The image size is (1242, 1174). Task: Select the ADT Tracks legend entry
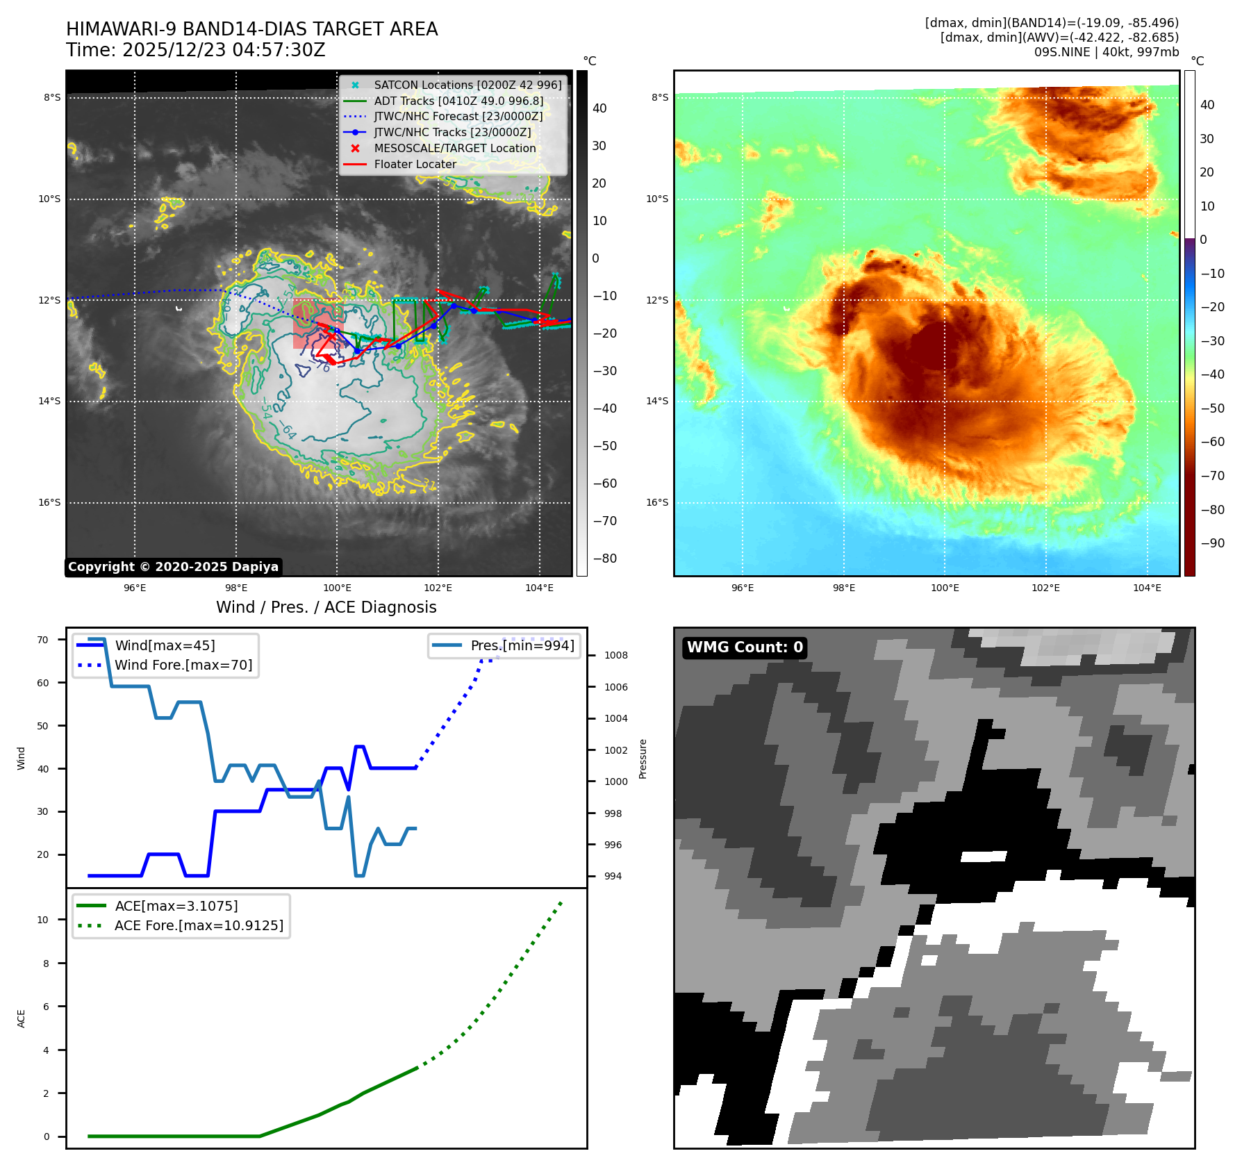(458, 101)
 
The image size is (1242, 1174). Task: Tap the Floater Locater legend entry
(415, 164)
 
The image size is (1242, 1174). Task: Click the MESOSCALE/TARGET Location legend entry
(454, 148)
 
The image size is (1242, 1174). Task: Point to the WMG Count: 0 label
(745, 647)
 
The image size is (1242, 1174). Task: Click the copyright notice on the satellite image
(173, 567)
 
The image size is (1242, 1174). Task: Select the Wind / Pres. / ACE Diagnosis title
(326, 607)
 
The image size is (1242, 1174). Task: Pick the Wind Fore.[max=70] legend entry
(183, 665)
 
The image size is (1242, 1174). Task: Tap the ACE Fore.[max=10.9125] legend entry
(199, 925)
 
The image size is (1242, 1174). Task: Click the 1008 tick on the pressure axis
(615, 655)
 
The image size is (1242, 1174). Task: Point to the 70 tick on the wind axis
(43, 640)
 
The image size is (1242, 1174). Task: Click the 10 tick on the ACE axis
(43, 920)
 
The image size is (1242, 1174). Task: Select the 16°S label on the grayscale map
(49, 502)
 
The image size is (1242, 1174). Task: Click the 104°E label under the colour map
(1147, 588)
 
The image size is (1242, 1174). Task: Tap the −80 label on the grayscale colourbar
(604, 559)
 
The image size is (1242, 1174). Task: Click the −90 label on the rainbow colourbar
(1212, 543)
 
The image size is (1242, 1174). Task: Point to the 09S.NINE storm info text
(1106, 52)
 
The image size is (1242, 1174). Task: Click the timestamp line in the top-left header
(196, 50)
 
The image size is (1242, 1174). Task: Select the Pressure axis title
(643, 759)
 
